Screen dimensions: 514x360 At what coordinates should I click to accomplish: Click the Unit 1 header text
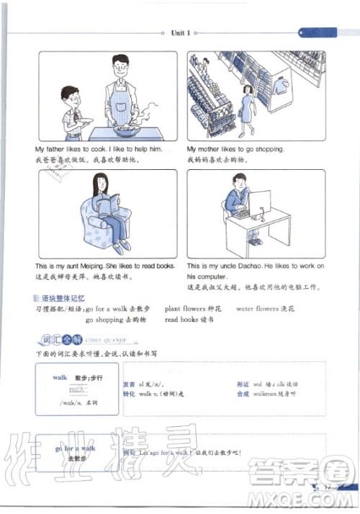point(180,32)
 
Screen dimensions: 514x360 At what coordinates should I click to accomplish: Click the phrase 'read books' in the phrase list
point(181,319)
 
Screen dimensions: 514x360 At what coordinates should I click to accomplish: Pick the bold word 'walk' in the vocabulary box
point(60,377)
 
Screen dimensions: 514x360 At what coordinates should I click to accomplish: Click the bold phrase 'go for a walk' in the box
point(74,448)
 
